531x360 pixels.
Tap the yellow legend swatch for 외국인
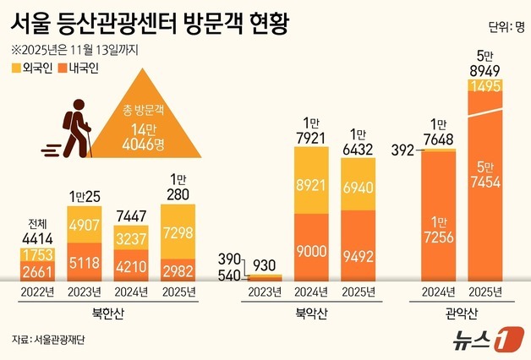[16, 67]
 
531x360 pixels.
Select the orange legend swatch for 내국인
[62, 67]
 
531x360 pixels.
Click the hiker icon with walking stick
[74, 128]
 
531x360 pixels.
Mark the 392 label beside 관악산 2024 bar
[404, 150]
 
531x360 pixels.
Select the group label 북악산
[315, 314]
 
